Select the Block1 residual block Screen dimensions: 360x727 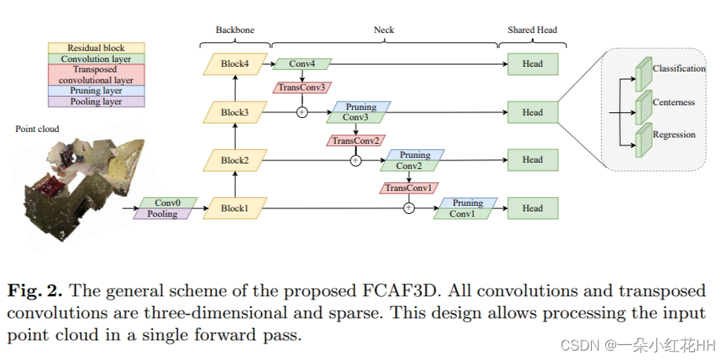(234, 208)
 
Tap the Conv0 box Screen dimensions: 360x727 (167, 203)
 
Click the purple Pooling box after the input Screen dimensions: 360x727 (163, 214)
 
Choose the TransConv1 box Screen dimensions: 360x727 (409, 189)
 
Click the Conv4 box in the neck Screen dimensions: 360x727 (302, 64)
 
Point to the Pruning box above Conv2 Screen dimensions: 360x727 (415, 155)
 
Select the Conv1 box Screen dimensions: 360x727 (463, 214)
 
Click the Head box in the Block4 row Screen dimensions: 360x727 (532, 64)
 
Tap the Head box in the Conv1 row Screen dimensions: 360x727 (532, 208)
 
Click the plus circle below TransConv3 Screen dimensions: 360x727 (302, 112)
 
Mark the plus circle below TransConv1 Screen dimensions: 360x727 (409, 208)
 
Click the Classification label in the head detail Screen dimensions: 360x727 (679, 68)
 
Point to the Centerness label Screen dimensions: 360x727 (674, 102)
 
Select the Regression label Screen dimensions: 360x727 (674, 134)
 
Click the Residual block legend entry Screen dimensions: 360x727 (96, 48)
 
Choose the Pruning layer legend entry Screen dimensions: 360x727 (96, 90)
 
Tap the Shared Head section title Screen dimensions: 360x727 (532, 30)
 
